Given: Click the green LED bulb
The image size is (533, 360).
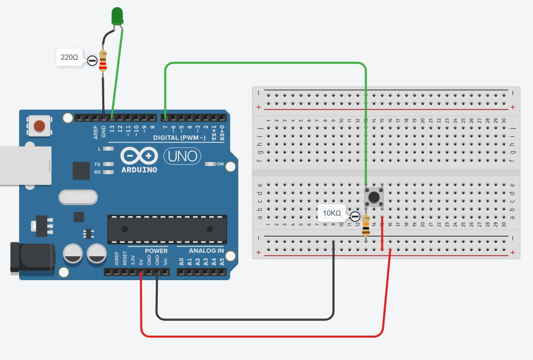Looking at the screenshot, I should click(117, 16).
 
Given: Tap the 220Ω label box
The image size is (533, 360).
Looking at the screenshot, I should click(69, 57).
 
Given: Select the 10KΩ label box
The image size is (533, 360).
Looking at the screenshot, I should click(332, 213).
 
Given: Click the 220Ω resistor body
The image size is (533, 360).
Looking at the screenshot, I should click(103, 61).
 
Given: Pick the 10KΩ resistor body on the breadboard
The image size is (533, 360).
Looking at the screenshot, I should click(366, 226).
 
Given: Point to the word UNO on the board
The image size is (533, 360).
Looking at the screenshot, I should click(182, 156).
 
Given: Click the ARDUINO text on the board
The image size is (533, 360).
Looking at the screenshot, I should click(139, 170).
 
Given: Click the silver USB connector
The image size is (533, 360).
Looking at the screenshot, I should click(24, 165).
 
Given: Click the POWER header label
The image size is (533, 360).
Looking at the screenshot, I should click(156, 251).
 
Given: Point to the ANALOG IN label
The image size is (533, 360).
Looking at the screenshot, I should click(206, 251).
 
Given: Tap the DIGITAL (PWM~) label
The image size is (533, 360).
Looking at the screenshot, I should click(179, 138).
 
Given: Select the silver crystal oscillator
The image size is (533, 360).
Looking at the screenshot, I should click(76, 196).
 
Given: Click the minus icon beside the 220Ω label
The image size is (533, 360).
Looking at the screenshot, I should click(92, 61).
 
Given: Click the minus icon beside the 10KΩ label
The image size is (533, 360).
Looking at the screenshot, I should click(355, 217).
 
